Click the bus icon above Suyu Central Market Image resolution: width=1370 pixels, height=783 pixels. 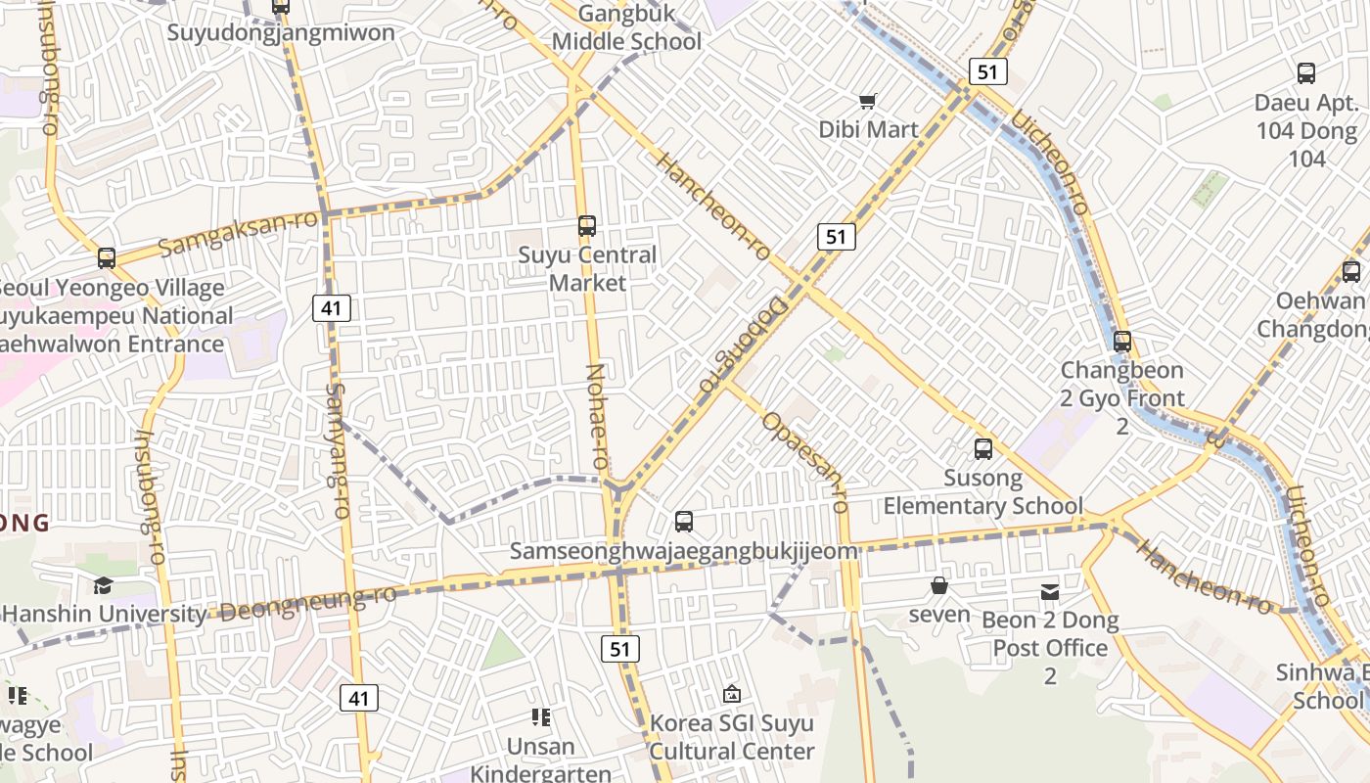coord(587,226)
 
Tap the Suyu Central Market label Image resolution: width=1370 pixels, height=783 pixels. coord(587,269)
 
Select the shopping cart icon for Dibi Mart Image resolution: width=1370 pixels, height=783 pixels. coord(867,101)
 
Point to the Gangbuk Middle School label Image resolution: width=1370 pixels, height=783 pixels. coord(626,27)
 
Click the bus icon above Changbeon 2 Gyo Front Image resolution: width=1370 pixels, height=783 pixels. coord(1122,342)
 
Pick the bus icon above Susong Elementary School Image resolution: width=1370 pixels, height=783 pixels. coord(983,449)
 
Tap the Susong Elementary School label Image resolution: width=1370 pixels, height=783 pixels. coord(982,492)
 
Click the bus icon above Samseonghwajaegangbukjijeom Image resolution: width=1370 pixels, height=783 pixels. coord(684,522)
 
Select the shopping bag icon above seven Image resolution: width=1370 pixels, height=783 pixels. coord(939,585)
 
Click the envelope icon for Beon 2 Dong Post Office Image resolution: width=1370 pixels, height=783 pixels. coord(1050,591)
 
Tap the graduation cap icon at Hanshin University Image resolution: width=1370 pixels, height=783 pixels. coord(103,585)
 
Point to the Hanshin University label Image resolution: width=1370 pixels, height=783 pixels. coord(106,615)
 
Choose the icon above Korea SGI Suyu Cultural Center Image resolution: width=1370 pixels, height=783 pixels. coord(731,694)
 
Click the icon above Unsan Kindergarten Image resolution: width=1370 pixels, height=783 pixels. coord(540,717)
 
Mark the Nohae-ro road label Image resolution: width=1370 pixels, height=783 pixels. coord(597,414)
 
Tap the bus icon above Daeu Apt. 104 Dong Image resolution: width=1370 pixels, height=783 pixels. coord(1306,72)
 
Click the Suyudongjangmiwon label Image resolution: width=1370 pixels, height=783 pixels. coord(281,32)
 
